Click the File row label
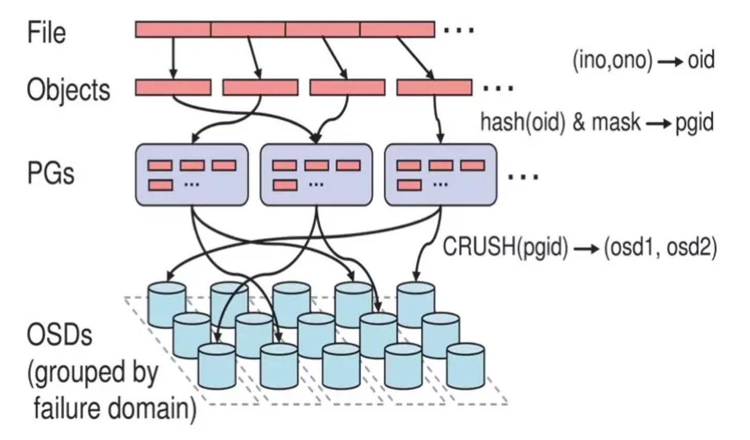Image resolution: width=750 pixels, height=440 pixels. coord(46,32)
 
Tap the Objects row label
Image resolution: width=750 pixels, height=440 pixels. coord(69,90)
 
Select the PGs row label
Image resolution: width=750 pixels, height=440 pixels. coord(51,173)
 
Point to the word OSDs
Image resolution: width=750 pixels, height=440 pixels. coord(60,335)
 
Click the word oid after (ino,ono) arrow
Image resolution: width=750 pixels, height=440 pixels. coord(701,60)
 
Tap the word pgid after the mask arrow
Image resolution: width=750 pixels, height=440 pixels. coord(694,123)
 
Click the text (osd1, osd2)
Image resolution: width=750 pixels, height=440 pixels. coord(660,248)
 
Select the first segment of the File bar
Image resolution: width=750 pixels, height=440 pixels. coord(173,29)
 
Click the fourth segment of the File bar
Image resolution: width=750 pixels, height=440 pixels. coord(397,29)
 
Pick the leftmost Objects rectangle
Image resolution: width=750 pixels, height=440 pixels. coord(173,87)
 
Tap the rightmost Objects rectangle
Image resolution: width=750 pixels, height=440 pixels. coord(434,87)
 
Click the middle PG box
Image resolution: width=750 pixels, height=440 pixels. coord(316,175)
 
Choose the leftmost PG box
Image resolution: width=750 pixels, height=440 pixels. coord(192,175)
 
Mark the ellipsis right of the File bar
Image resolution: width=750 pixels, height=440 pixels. coord(459,30)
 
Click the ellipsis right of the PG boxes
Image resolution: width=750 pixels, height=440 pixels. coord(524,176)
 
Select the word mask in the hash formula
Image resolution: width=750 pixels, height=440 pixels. coord(616,122)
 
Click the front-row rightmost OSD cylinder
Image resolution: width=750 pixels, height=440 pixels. coord(465,366)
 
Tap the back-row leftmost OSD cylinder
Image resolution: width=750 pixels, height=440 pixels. coord(167,305)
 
